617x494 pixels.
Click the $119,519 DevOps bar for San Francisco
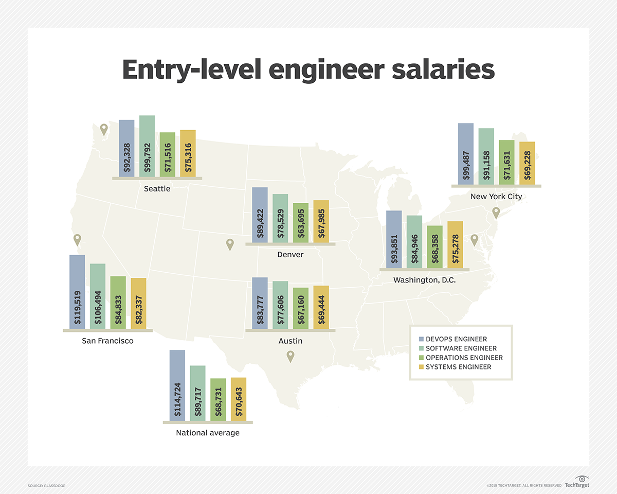[x=77, y=292]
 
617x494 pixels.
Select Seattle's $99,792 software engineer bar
[x=147, y=146]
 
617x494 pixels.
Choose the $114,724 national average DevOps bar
[x=177, y=385]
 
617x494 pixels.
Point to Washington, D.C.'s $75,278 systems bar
[x=455, y=244]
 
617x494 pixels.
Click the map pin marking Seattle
[x=104, y=129]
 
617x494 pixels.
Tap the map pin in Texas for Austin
[x=291, y=356]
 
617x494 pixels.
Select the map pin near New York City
[x=496, y=212]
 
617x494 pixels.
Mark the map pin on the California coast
[x=77, y=239]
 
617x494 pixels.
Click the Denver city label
[x=290, y=255]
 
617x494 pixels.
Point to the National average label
[x=208, y=433]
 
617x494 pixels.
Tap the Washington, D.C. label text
[x=424, y=280]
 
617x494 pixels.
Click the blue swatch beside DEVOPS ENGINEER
[x=421, y=339]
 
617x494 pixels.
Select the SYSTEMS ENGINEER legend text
[x=458, y=367]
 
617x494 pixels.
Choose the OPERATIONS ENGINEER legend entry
[x=464, y=358]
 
